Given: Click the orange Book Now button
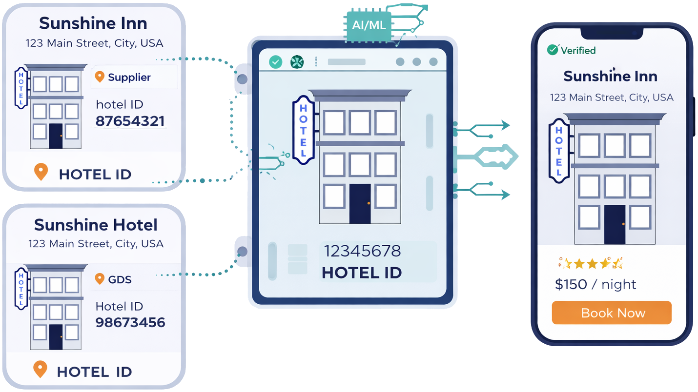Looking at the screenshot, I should [612, 313].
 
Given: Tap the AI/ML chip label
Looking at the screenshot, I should [369, 24].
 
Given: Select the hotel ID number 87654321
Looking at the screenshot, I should [130, 121].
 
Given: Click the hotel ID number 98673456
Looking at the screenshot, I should [130, 322].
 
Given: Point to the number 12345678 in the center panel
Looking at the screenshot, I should [362, 251].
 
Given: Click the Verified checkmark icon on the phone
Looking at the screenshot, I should [553, 50].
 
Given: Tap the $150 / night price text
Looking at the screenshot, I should [595, 284].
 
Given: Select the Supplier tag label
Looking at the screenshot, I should [129, 77].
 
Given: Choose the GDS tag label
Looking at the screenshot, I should [119, 279].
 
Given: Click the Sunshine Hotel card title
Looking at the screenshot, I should [96, 225].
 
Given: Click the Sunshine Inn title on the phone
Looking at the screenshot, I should [610, 76].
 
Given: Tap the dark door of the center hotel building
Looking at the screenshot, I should [360, 203].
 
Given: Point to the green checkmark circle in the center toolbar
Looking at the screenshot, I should [276, 62].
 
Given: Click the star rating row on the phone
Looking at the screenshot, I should [590, 264].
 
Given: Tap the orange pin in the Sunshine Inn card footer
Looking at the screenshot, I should [41, 172].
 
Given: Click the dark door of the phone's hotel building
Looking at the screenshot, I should [615, 224].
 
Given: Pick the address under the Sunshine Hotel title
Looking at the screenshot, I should [96, 244].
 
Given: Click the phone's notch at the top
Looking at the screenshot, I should [612, 33].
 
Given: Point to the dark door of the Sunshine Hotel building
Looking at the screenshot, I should [56, 336].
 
